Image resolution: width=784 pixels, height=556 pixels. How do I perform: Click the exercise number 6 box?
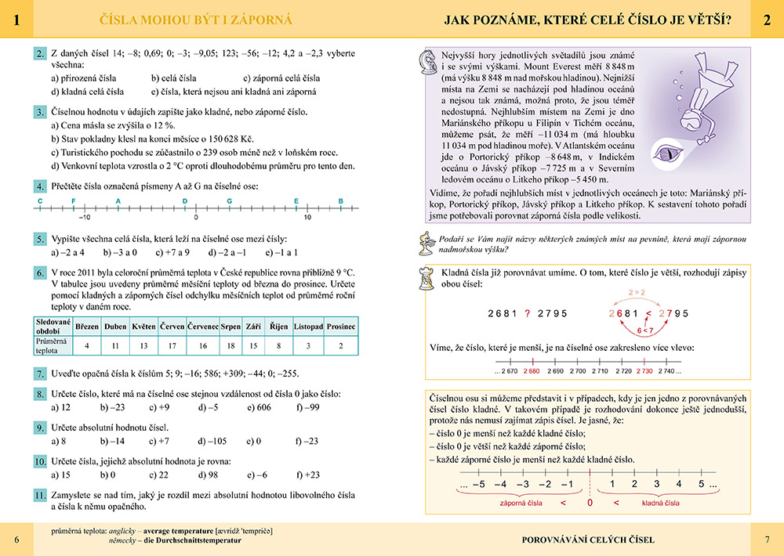click(x=40, y=273)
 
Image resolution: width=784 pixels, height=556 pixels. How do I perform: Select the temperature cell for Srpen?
click(x=230, y=345)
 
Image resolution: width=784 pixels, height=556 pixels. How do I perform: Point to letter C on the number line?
click(x=40, y=200)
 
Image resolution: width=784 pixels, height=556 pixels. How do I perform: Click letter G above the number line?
click(x=229, y=200)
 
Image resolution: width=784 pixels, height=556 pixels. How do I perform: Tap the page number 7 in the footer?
click(x=767, y=540)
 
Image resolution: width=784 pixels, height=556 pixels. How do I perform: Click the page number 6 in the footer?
click(x=16, y=540)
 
